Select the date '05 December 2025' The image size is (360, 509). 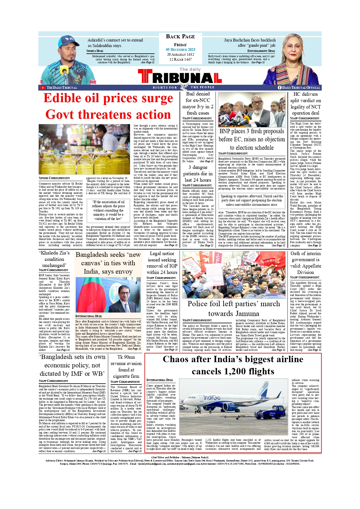(180, 50)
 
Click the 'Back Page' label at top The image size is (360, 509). (180, 37)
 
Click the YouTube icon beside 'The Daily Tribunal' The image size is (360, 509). (43, 88)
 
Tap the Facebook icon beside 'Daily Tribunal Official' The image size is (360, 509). (280, 88)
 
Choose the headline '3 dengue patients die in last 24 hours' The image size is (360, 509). (198, 174)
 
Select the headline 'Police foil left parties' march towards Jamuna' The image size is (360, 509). (234, 308)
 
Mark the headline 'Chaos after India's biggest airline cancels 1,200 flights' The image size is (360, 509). (233, 365)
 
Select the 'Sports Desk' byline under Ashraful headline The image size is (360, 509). (95, 51)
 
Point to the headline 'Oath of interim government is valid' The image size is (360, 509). (305, 263)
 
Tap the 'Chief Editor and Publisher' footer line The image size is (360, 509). (180, 457)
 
